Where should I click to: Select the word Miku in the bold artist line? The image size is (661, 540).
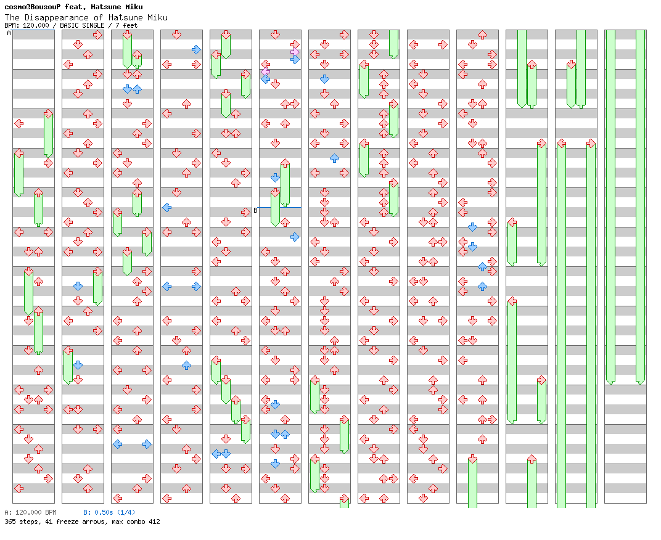tap(134, 7)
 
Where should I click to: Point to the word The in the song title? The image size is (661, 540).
tap(12, 17)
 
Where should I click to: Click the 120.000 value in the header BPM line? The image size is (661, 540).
tap(36, 25)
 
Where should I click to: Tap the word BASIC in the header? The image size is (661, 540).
tap(70, 25)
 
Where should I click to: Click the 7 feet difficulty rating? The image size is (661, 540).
tap(126, 25)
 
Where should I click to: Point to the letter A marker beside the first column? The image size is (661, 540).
tap(9, 33)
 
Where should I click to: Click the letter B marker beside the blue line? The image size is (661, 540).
tap(255, 210)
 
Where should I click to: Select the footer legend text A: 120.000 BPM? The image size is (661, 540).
tap(30, 512)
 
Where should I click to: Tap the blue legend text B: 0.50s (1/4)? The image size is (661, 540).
tap(109, 512)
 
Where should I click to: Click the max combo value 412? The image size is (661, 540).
tap(154, 522)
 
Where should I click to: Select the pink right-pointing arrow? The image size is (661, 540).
tap(295, 52)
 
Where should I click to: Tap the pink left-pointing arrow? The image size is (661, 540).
tap(265, 72)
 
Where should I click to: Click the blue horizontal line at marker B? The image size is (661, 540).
tap(279, 207)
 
